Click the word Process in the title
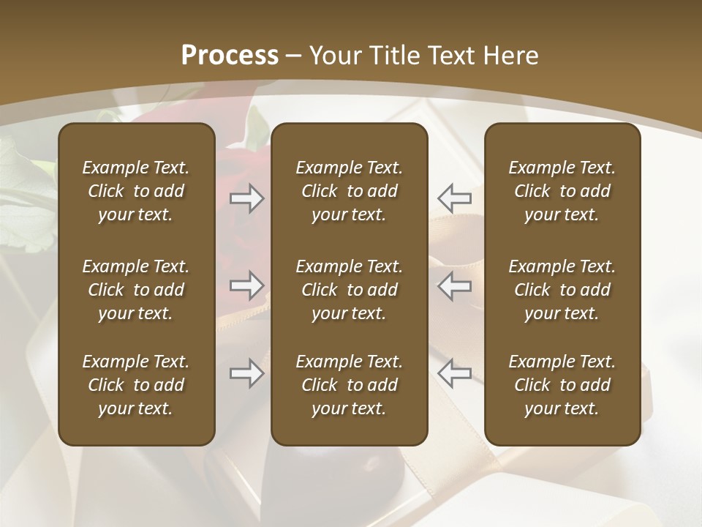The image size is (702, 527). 230,56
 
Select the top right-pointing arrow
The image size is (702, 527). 246,198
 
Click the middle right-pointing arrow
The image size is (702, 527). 246,285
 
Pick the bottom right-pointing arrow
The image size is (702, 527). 246,373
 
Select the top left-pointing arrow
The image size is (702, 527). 454,198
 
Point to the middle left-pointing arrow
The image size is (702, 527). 454,285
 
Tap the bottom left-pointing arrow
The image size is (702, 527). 454,373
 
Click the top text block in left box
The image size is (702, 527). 136,191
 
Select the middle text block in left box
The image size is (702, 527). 136,290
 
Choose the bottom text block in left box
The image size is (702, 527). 136,385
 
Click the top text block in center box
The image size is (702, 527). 350,191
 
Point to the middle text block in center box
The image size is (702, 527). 350,290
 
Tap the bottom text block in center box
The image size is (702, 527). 350,385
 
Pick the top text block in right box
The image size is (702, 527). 562,191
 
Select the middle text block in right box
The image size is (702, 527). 562,290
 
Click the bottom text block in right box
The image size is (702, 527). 562,385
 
